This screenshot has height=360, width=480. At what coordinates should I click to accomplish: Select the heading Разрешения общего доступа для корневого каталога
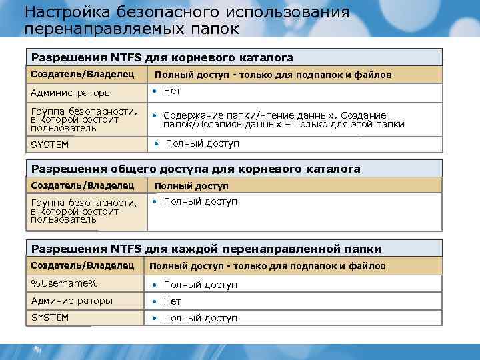coord(196,169)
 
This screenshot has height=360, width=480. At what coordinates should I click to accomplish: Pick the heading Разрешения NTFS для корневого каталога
coord(163,58)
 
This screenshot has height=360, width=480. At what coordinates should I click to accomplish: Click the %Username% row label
coord(64,283)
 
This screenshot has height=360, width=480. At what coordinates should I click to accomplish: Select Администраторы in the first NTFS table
coord(71,93)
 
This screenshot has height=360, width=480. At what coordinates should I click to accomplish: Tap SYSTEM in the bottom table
coord(50,317)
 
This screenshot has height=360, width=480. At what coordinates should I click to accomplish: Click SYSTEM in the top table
coord(50,144)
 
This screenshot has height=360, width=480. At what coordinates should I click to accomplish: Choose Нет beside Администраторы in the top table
coord(172,91)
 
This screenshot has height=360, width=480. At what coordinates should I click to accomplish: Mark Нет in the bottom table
coord(172,301)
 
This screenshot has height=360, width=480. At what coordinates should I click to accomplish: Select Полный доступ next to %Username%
coord(200,285)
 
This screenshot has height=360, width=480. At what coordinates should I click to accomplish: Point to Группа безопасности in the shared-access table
coord(83,202)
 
